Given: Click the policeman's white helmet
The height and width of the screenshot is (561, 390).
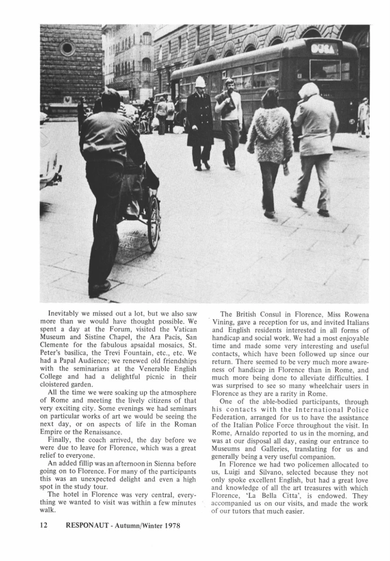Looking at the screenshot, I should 200,82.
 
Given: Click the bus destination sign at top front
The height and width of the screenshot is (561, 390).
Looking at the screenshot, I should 324,49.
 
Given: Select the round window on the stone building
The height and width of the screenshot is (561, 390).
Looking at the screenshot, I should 68,49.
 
